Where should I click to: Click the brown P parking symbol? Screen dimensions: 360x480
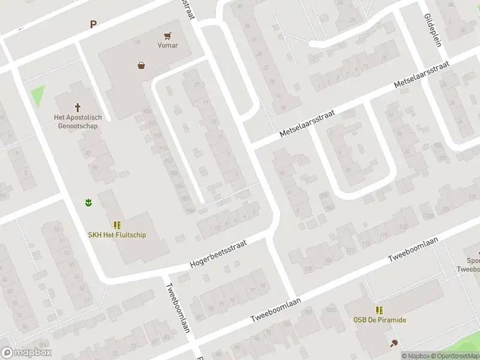coord(93,25)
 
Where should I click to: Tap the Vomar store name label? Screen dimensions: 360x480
coord(167,45)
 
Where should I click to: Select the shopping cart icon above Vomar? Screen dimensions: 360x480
coord(167,35)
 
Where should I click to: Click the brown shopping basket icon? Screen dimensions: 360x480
coord(141,65)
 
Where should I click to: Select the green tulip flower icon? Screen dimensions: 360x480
coord(88,203)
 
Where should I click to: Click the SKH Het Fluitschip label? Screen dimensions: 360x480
coord(117,235)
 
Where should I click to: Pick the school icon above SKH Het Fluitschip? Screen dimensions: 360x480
coord(117,225)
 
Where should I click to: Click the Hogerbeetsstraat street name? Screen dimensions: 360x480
coord(218,254)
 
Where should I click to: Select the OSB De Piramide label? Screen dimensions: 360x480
coord(379,320)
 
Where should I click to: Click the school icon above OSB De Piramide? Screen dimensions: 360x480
coord(379,310)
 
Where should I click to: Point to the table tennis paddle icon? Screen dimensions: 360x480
coord(394,343)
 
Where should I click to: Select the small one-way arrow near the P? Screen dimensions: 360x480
coord(22,28)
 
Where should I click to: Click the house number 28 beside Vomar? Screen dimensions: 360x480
coord(137,41)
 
